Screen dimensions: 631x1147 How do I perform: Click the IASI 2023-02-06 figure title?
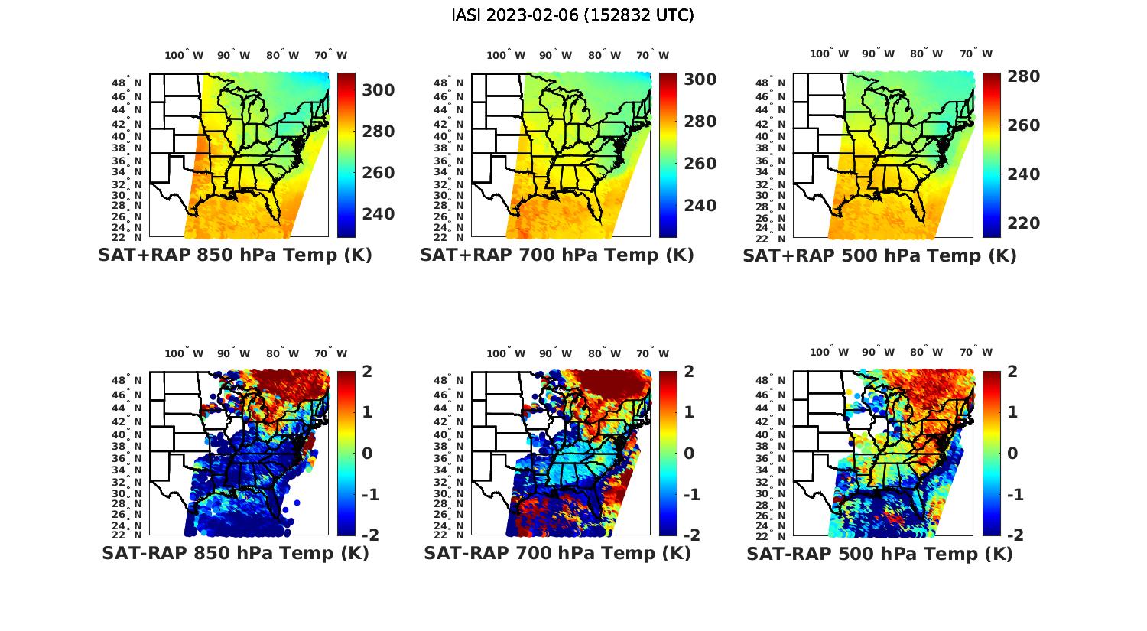point(573,15)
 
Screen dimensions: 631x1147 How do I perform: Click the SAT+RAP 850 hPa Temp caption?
point(235,255)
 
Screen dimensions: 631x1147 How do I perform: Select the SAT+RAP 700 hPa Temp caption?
point(557,255)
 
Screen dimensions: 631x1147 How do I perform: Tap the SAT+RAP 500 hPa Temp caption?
point(879,255)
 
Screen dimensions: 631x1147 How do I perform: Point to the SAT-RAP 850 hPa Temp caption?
point(235,554)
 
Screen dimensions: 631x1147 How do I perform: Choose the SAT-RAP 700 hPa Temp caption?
point(557,554)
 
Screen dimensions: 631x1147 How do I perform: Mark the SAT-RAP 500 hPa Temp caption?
point(879,554)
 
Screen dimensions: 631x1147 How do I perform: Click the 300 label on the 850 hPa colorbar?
point(378,90)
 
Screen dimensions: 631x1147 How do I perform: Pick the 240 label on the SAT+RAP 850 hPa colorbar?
point(378,214)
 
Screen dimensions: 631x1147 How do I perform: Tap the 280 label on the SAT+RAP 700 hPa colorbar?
point(700,122)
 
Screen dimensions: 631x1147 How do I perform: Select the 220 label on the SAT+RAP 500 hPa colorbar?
point(1023,223)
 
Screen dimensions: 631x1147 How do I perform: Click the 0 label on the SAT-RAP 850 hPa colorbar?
point(366,454)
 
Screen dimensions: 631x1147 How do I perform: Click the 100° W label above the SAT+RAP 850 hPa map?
point(184,55)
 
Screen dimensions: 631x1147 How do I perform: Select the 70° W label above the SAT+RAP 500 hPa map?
point(976,54)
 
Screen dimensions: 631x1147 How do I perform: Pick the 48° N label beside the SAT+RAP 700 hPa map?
point(450,83)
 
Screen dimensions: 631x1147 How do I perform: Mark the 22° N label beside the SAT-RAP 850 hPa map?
point(127,535)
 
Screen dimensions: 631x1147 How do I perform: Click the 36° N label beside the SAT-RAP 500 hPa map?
point(772,459)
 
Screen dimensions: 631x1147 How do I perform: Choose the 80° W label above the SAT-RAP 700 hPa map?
point(604,353)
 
